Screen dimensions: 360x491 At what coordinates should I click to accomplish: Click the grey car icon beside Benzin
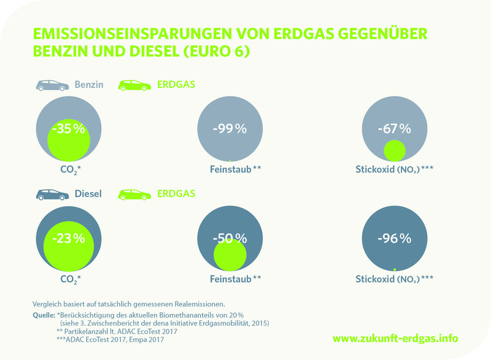pos(52,86)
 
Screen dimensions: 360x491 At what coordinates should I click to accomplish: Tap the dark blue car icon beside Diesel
pos(52,194)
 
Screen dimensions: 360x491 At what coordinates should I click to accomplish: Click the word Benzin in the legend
pos(90,86)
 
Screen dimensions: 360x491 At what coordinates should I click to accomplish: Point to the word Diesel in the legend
pos(88,194)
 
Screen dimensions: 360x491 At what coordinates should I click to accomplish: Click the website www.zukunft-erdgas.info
pos(395,338)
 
